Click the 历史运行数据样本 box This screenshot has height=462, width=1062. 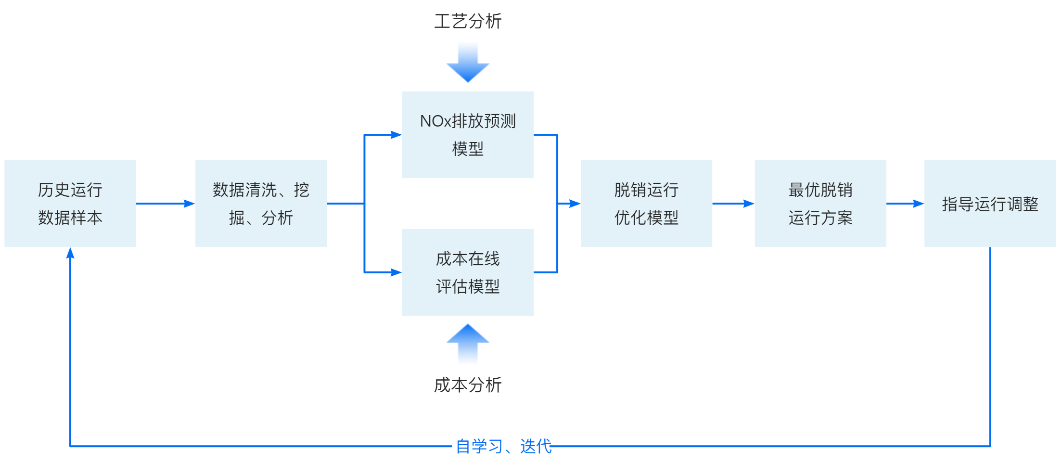click(70, 204)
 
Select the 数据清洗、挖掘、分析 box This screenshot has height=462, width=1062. click(261, 204)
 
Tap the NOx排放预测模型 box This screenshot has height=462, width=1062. click(468, 135)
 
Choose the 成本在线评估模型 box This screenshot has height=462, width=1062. click(468, 272)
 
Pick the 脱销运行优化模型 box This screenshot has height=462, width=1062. click(646, 204)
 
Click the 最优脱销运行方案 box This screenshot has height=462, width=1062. click(820, 204)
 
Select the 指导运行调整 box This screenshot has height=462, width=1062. click(990, 204)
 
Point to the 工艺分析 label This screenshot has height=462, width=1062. click(468, 21)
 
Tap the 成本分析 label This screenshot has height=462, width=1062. click(468, 385)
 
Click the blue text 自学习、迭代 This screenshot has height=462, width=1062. click(503, 447)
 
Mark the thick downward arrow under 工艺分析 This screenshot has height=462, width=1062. click(468, 62)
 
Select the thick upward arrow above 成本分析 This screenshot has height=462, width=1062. click(468, 344)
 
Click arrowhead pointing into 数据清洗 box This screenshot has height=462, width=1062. click(189, 204)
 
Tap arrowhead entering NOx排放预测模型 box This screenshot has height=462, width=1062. click(396, 135)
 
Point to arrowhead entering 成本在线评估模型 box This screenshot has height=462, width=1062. click(396, 272)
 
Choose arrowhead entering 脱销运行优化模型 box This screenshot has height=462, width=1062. click(575, 204)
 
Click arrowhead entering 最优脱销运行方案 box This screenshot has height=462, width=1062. click(748, 204)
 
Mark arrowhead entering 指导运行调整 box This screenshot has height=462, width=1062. click(918, 204)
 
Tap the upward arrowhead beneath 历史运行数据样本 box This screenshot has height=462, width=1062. click(70, 253)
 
